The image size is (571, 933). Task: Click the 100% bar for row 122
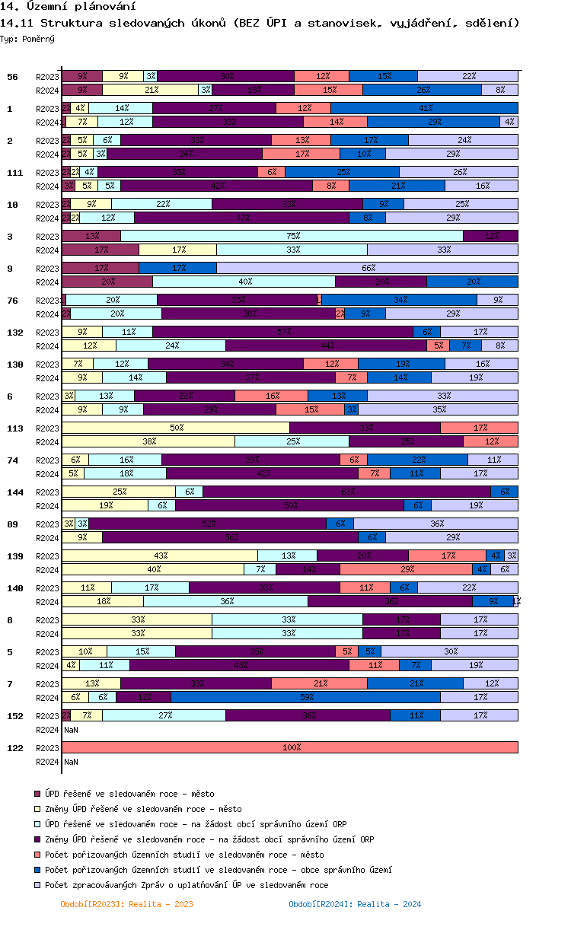290,747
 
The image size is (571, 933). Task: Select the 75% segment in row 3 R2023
292,236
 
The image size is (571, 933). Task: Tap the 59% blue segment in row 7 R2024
305,697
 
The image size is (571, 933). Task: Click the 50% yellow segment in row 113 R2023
176,428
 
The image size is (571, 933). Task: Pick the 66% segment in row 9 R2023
367,268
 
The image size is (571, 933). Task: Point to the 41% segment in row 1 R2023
424,108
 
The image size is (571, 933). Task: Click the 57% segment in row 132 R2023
282,332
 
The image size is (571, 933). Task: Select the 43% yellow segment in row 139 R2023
160,556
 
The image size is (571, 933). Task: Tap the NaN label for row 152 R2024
71,729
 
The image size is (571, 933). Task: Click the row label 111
14,173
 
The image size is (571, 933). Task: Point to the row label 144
14,492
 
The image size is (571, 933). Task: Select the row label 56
12,77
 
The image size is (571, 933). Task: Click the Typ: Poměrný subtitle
27,38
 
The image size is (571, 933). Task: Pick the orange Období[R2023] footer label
126,904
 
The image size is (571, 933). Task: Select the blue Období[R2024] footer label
355,904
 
